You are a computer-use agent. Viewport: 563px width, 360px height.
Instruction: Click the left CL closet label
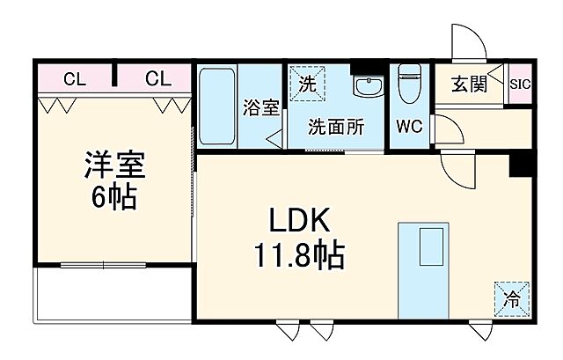75,79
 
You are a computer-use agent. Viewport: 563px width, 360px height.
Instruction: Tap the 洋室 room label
114,165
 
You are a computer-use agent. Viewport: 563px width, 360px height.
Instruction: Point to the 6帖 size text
114,197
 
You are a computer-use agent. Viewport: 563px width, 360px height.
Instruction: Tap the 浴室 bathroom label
261,108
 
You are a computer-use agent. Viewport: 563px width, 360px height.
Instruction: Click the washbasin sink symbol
367,86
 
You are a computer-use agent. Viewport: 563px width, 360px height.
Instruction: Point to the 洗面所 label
335,127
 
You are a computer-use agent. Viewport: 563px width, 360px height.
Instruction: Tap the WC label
408,127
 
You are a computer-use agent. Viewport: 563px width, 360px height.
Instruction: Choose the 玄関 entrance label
470,84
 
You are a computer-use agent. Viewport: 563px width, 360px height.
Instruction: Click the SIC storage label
519,84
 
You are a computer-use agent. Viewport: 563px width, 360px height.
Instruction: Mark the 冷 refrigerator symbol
512,298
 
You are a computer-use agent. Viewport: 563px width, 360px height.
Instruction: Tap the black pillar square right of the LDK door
521,163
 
